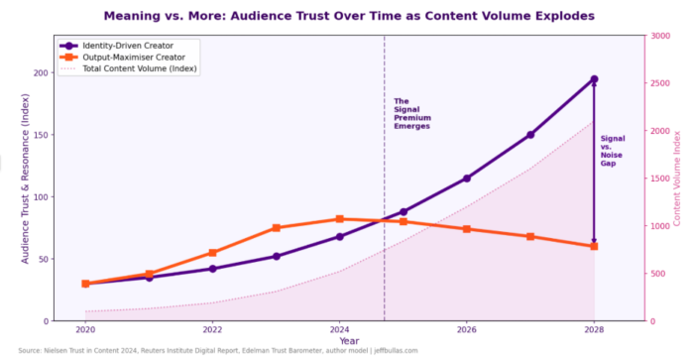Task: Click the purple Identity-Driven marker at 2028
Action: click(594, 79)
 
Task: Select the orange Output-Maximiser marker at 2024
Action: click(339, 219)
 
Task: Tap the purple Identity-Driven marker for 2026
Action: click(467, 179)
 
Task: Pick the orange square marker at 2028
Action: click(594, 246)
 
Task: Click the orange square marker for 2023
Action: click(277, 228)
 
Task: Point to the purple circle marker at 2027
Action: click(530, 135)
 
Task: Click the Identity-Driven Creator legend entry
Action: click(117, 46)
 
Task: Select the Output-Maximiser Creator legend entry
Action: click(123, 58)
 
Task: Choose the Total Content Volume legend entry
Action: click(128, 68)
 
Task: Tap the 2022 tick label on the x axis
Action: click(212, 330)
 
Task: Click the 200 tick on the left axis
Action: click(42, 72)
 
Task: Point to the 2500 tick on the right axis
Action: click(659, 83)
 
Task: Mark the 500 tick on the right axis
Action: click(657, 274)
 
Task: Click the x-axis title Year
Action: click(349, 341)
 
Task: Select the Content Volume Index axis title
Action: click(677, 179)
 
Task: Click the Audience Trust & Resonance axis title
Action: click(25, 179)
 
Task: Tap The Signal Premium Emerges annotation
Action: click(412, 114)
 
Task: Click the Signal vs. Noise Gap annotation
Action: click(613, 151)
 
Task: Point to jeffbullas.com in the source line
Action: click(396, 351)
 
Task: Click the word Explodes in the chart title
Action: click(561, 16)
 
